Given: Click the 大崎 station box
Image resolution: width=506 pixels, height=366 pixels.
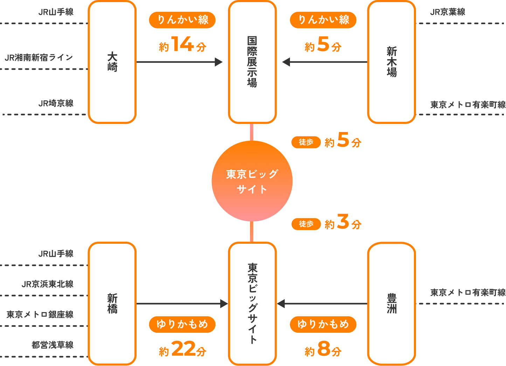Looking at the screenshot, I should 112,62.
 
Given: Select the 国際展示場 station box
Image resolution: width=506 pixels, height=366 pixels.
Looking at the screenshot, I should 252,62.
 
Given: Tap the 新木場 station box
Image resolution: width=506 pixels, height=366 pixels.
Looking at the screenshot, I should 391,62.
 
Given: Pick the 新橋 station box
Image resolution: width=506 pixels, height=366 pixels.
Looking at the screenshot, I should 112,304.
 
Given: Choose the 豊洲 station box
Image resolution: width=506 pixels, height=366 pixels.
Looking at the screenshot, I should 391,304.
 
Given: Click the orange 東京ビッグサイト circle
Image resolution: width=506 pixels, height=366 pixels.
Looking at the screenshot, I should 252,181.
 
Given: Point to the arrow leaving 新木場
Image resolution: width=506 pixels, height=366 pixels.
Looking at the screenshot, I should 324,62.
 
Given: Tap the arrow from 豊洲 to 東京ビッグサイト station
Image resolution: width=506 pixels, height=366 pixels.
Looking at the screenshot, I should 322,304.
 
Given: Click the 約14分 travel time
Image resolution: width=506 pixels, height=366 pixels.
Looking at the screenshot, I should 182,45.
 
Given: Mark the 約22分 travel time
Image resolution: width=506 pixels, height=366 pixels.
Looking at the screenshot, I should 182,350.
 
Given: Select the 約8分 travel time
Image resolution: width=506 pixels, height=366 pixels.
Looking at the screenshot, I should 323,350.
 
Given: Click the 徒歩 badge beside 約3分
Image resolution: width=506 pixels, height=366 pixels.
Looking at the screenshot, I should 306,224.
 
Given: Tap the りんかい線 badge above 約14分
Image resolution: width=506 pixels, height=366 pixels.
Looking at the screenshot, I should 182,20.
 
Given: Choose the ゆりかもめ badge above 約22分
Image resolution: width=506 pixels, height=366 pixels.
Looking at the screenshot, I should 182,324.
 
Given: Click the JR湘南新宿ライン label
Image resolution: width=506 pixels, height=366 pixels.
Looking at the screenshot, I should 39,57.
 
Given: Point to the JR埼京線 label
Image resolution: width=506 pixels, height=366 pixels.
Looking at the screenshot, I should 56,103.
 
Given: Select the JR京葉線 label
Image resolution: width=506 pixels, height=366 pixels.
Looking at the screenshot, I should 448,12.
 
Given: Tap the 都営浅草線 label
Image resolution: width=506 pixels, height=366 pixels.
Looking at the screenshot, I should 53,345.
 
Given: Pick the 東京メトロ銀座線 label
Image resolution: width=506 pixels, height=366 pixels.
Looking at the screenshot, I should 40,315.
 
